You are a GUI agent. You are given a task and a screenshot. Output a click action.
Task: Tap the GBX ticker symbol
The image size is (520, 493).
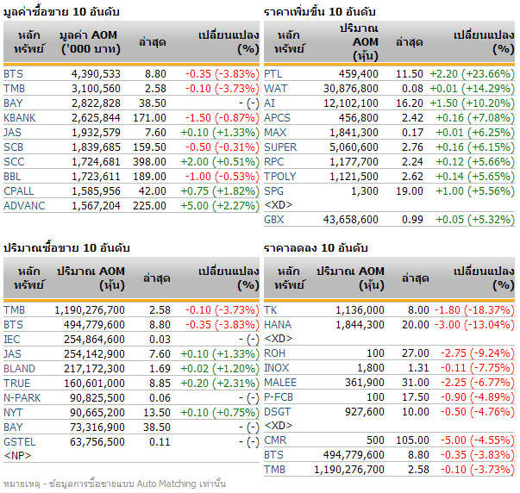(274, 220)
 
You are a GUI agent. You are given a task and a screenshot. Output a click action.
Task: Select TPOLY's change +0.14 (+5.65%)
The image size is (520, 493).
(479, 175)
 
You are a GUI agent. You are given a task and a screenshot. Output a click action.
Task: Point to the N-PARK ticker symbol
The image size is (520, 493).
(22, 397)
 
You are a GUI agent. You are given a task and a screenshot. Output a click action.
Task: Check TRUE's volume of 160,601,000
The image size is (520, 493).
(90, 383)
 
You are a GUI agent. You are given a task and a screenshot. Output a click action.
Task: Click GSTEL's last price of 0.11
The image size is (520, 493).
(156, 441)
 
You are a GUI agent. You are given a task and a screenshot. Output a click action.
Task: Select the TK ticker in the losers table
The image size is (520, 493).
(270, 309)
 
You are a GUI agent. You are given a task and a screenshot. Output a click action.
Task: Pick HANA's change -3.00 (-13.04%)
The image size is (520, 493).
(475, 324)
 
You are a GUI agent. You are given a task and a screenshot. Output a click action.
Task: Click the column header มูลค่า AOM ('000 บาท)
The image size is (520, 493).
(90, 42)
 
